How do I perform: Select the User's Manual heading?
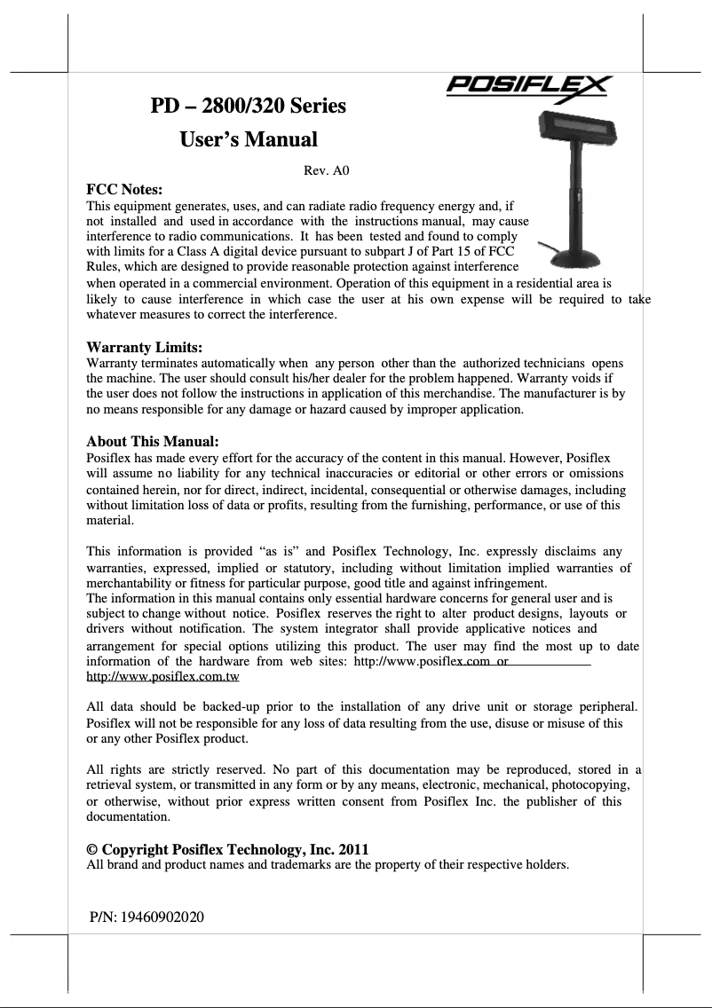click(x=248, y=139)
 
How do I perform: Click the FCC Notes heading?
click(x=123, y=189)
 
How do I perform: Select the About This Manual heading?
click(x=152, y=441)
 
